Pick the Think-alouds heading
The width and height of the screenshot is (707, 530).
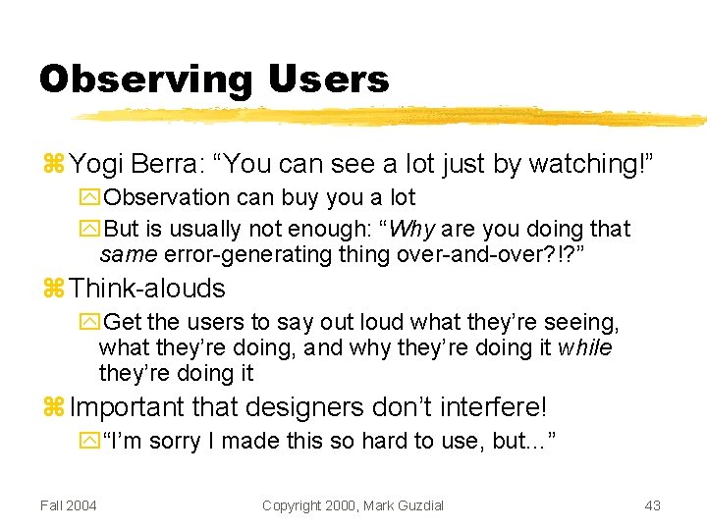[147, 289]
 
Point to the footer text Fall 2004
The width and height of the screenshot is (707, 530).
[69, 505]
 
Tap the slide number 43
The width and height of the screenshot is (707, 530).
[652, 505]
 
